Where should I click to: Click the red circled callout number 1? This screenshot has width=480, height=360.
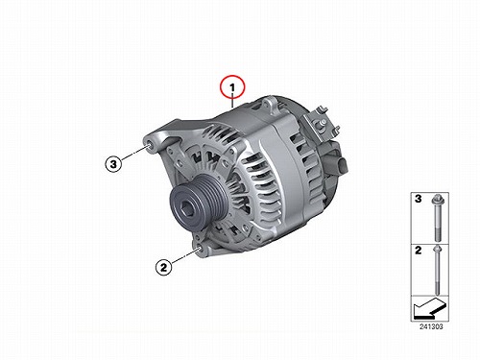coord(232,87)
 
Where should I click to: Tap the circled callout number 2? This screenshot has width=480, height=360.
coord(164,267)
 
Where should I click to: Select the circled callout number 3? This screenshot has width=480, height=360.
coord(113,164)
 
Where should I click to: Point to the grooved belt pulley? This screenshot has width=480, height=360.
coord(199,203)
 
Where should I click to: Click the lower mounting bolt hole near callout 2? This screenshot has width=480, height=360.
coord(200,250)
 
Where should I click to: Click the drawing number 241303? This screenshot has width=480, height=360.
coord(431,326)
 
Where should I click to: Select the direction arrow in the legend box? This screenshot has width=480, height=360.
coord(429,308)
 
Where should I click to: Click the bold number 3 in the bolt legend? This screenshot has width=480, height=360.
coord(418,199)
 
